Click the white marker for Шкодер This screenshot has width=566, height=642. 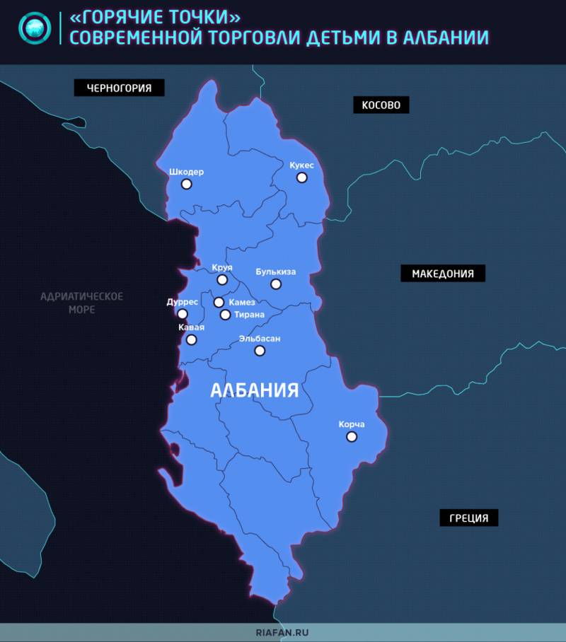[x=186, y=184]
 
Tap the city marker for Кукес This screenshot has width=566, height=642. [x=301, y=177]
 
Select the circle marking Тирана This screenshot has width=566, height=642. [x=225, y=315]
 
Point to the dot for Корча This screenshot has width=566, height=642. [x=351, y=437]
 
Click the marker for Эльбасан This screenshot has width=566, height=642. [x=260, y=351]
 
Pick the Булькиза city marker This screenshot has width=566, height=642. [x=276, y=284]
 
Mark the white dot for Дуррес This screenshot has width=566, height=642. [x=183, y=314]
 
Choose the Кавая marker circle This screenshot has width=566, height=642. [x=191, y=339]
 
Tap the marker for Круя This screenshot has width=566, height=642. [x=222, y=280]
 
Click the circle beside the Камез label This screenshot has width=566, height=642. [x=219, y=303]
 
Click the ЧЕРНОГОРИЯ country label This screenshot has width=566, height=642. [x=120, y=88]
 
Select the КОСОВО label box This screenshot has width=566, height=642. [x=381, y=105]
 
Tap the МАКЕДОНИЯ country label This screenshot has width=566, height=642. [x=443, y=274]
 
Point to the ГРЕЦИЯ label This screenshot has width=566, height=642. [x=468, y=518]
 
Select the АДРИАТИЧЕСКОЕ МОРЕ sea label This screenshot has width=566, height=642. [x=82, y=303]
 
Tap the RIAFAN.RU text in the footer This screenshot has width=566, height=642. [x=283, y=633]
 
